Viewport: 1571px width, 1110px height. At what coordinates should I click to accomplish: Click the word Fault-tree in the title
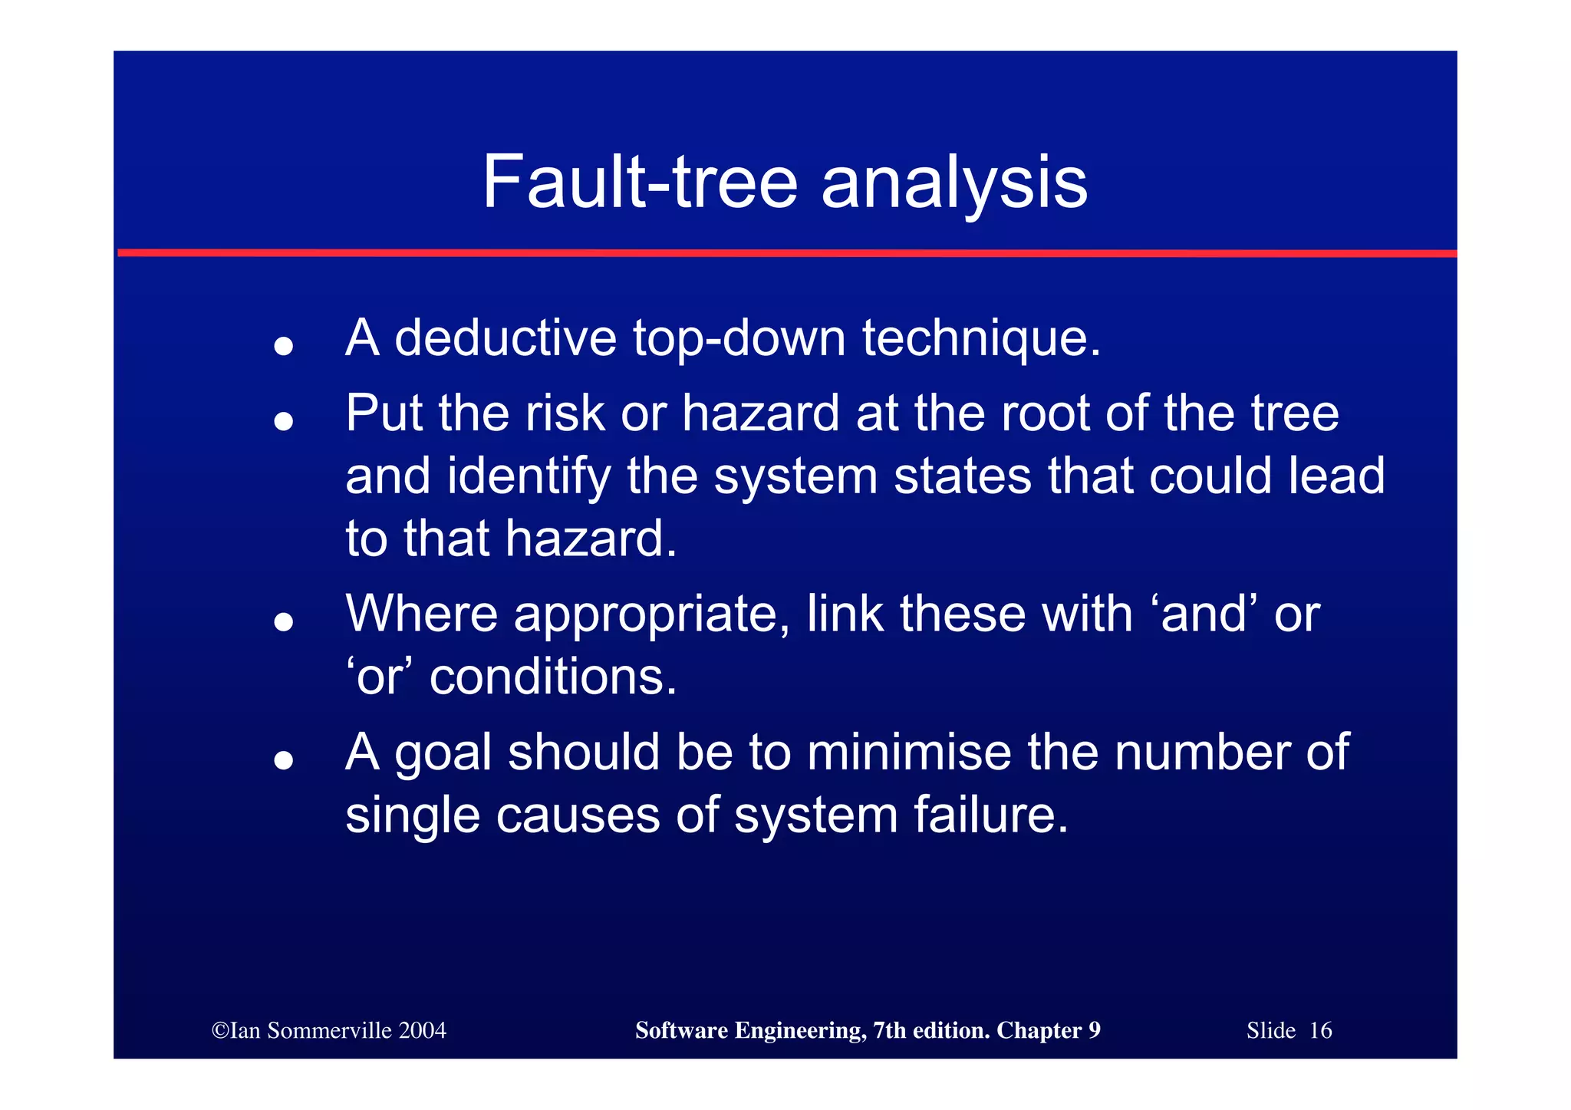coord(640,182)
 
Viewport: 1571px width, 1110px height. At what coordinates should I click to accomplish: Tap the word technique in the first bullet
coord(980,339)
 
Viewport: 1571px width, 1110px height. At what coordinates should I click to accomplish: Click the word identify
coord(529,477)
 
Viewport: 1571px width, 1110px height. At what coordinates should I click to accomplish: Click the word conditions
coord(552,677)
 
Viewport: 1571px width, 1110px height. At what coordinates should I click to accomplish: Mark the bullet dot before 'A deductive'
coord(284,346)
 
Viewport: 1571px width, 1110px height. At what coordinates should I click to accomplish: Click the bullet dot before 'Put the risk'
coord(284,421)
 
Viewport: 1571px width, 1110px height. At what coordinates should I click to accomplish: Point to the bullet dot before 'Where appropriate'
coord(284,621)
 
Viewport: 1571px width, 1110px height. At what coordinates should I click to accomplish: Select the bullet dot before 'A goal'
coord(284,759)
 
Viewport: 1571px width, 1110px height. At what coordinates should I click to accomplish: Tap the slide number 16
coord(1320,1030)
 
